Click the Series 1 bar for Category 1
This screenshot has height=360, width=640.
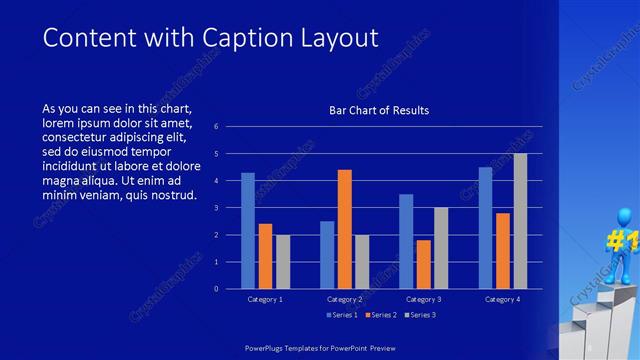[247, 231]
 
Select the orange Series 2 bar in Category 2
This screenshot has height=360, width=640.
[344, 229]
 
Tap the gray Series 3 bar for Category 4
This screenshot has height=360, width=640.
[520, 221]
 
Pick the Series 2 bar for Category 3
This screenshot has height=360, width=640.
[423, 264]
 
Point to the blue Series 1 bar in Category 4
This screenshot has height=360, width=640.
[485, 228]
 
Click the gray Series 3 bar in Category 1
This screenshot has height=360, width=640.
[282, 262]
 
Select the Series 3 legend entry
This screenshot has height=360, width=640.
[420, 315]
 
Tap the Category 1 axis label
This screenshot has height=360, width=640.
[265, 299]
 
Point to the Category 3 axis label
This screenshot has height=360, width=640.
[423, 299]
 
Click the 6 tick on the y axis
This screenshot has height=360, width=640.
[229, 127]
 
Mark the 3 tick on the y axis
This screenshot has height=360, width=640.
[229, 208]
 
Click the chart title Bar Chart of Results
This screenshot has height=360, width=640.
[379, 110]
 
